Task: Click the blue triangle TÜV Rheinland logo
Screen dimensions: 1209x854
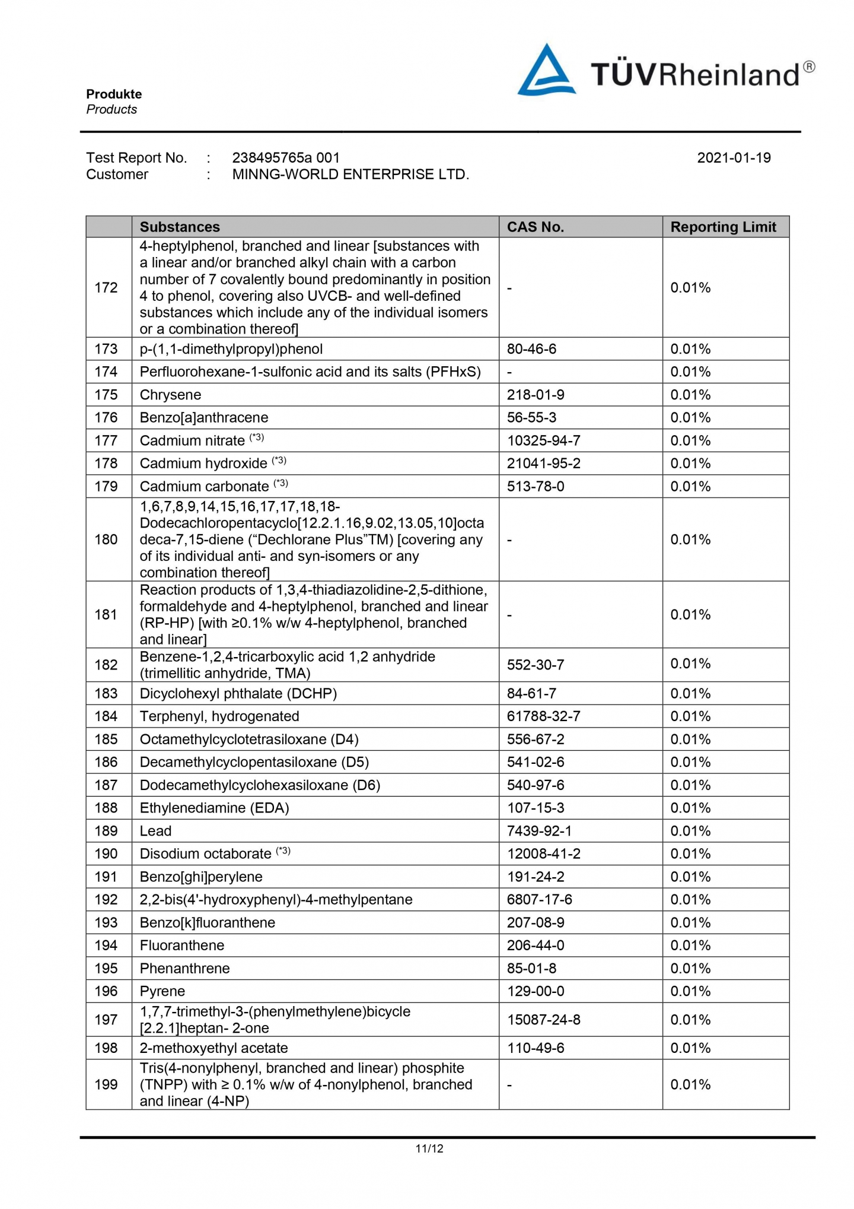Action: [x=546, y=71]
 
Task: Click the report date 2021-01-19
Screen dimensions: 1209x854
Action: [x=734, y=158]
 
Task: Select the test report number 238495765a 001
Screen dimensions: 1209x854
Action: [x=286, y=158]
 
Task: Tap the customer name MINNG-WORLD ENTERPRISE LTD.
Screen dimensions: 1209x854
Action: [x=350, y=174]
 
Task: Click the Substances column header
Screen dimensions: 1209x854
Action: [x=180, y=227]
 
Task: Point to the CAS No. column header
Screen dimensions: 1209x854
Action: [x=535, y=227]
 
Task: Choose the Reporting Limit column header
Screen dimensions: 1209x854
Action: [x=723, y=227]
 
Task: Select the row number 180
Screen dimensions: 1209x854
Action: [x=106, y=540]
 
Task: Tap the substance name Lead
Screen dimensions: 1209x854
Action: [x=155, y=831]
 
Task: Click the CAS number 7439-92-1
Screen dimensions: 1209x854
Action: [x=539, y=831]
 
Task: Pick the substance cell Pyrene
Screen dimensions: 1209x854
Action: [x=162, y=991]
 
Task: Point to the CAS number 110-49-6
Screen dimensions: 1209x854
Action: [x=536, y=1048]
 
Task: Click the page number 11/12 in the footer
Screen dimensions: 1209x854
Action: [x=429, y=1148]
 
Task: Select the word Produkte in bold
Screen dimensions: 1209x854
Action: [x=114, y=94]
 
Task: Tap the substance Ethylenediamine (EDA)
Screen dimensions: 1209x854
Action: [x=214, y=808]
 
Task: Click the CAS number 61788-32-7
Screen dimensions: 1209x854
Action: [x=543, y=716]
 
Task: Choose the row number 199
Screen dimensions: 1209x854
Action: [x=106, y=1084]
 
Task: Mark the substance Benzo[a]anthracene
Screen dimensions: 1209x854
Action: [x=204, y=418]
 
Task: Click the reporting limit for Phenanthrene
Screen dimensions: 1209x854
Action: [x=690, y=969]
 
